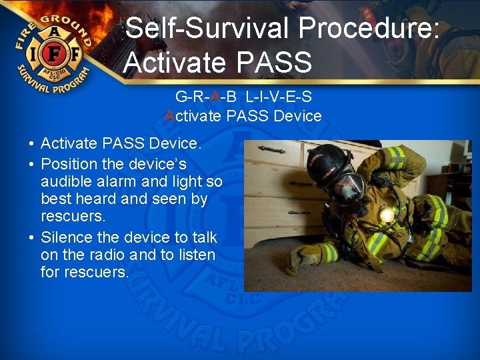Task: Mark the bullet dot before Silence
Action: (x=31, y=237)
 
